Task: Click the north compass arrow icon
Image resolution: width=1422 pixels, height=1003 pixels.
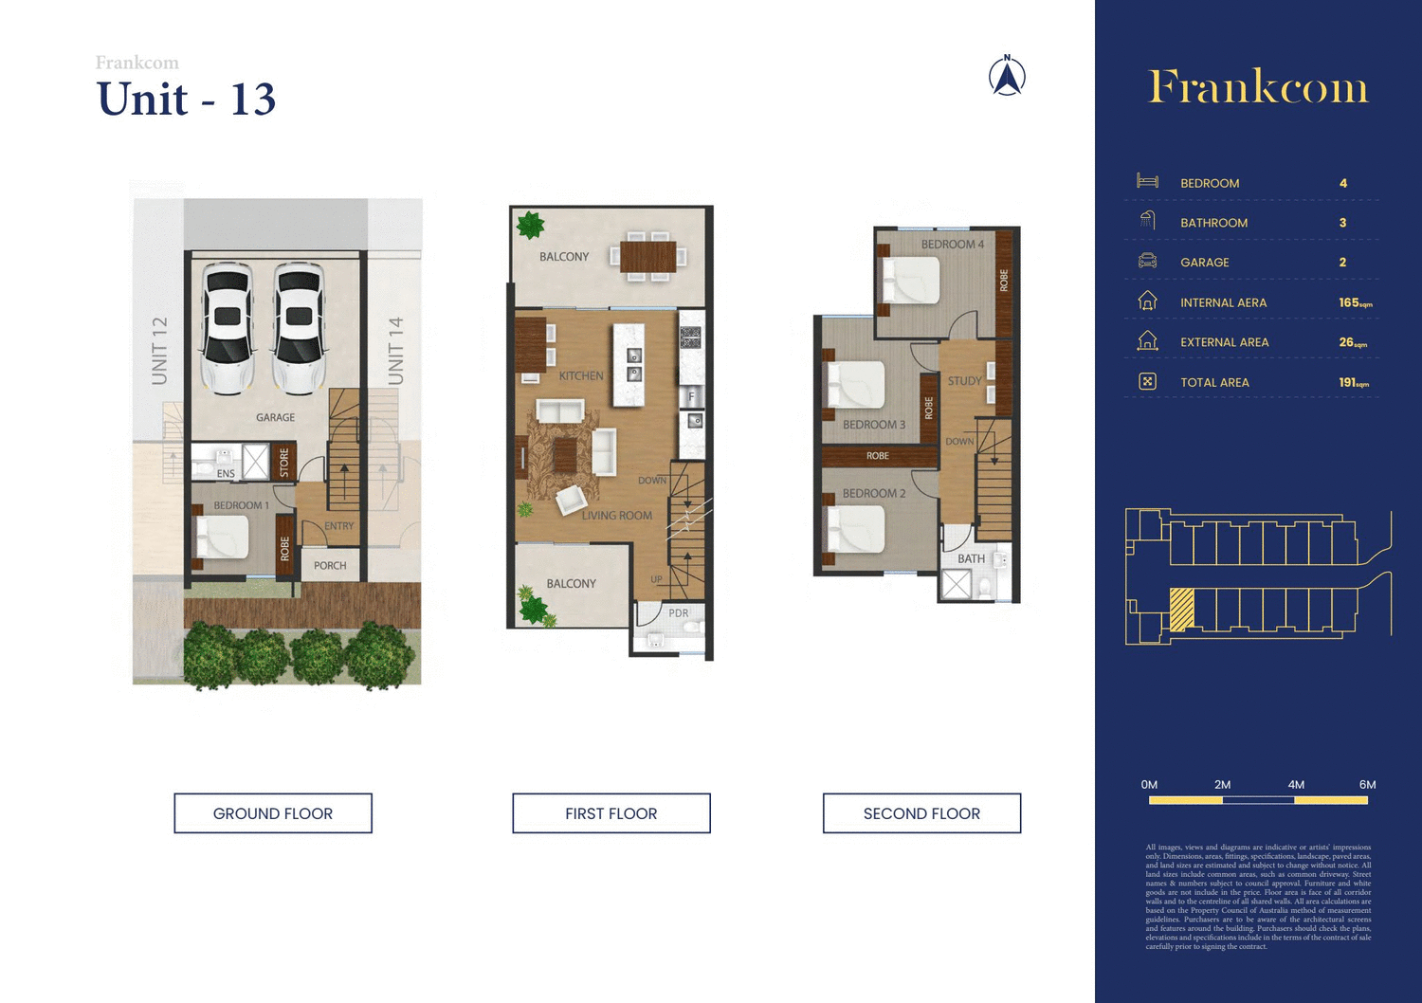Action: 1007,77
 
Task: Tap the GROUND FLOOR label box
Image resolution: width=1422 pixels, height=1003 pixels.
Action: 273,813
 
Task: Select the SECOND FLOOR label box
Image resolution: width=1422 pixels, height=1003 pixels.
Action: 921,813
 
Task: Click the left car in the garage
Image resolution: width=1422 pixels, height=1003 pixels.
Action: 228,328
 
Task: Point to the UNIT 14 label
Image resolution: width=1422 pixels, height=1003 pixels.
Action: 396,351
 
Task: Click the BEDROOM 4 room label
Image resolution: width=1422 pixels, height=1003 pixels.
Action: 952,245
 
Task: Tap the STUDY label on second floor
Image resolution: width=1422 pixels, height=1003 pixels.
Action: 964,381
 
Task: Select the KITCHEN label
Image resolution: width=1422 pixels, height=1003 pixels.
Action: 580,376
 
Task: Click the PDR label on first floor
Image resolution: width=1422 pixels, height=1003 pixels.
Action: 679,613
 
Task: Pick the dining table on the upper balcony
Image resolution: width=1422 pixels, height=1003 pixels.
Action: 648,257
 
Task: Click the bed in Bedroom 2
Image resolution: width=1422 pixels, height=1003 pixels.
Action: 856,529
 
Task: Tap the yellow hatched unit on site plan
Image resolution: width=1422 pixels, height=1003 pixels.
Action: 1181,610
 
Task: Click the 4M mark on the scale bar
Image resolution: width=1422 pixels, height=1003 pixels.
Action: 1295,785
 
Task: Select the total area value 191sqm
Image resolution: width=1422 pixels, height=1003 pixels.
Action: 1353,382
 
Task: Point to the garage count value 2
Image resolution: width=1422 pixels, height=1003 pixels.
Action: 1342,263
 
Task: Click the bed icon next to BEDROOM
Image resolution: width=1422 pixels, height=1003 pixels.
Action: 1147,182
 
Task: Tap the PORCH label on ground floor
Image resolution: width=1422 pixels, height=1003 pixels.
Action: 330,566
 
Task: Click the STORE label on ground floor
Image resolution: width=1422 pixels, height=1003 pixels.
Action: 284,463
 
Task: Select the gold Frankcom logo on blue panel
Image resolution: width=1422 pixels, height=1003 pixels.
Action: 1258,87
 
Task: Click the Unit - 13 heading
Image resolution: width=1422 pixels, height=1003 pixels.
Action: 186,100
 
